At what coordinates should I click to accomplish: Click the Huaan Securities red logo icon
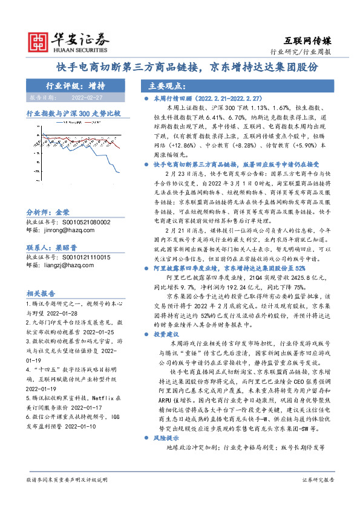tap(39, 41)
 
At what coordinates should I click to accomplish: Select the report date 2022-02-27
tap(87, 97)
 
